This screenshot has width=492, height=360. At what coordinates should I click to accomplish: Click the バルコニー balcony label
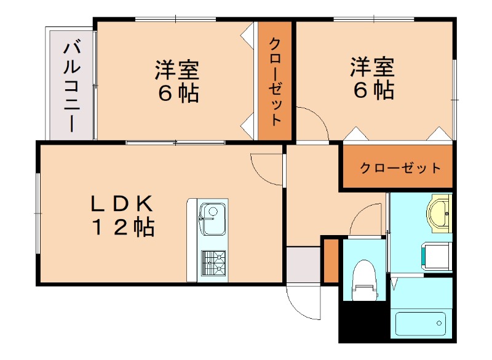pos(70,86)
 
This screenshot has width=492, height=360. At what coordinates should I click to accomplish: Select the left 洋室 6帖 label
pos(176,80)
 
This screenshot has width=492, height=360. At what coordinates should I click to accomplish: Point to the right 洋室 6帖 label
pos(372,78)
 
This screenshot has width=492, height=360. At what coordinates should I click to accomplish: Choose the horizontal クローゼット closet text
pos(400,168)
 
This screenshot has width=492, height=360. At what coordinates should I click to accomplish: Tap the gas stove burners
pos(213,263)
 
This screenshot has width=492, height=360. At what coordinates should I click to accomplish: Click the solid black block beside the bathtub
pos(363,323)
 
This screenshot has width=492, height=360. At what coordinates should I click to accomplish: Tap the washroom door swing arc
pos(369,218)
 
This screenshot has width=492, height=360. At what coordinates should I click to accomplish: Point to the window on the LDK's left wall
pos(38,212)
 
